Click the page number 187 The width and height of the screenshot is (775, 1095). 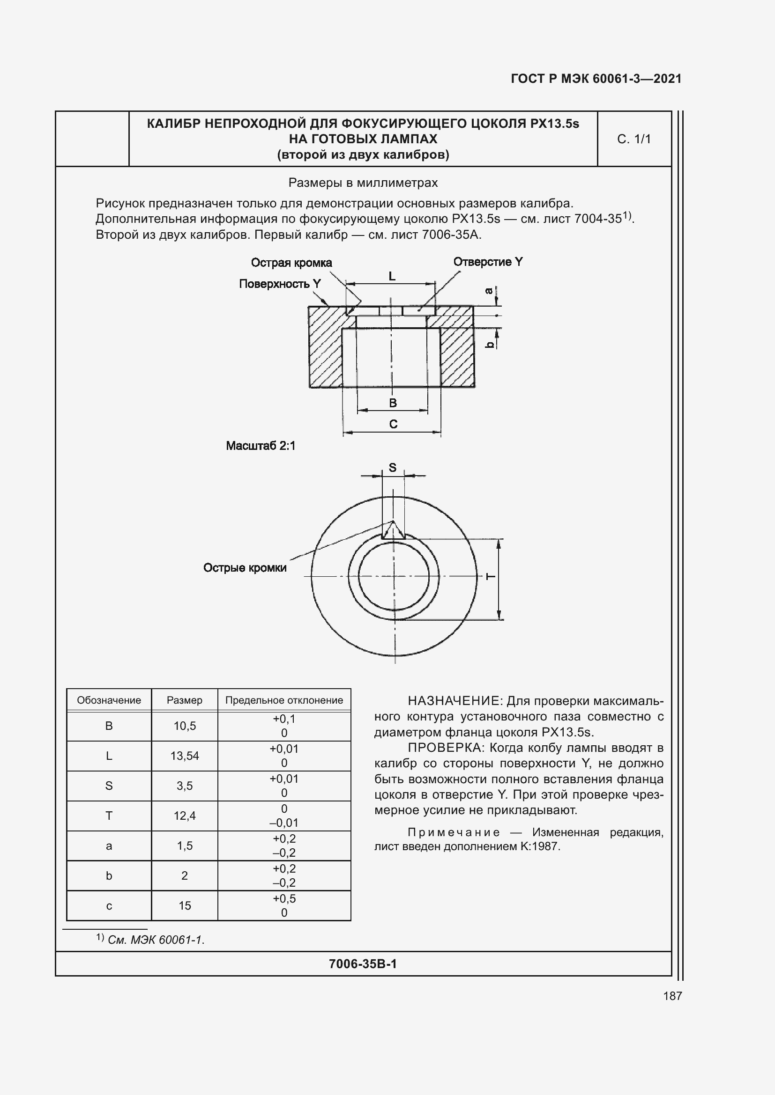pos(672,996)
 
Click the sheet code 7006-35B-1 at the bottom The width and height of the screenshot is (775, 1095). pos(363,964)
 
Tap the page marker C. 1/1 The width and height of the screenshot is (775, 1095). pos(634,139)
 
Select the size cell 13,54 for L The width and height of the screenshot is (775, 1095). pos(185,756)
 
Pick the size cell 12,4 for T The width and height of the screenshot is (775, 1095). pos(185,816)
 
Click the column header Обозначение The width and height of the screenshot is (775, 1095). pos(109,700)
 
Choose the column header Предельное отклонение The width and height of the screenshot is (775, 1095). pos(284,700)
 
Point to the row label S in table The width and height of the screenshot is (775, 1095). pos(109,786)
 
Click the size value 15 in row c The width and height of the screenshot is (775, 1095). pos(185,906)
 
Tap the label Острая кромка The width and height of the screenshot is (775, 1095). pos(291,263)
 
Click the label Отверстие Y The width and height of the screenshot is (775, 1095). pos(488,262)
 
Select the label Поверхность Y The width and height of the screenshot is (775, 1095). pos(280,284)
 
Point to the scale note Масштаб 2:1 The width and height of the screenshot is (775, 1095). pos(261,446)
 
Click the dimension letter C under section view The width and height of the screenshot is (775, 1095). pos(393,424)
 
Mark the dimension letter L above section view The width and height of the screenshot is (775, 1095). pos(392,276)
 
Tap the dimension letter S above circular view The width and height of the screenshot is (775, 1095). pos(392,467)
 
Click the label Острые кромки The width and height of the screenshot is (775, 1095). pos(245,567)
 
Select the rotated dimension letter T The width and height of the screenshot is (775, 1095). pos(491,577)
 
